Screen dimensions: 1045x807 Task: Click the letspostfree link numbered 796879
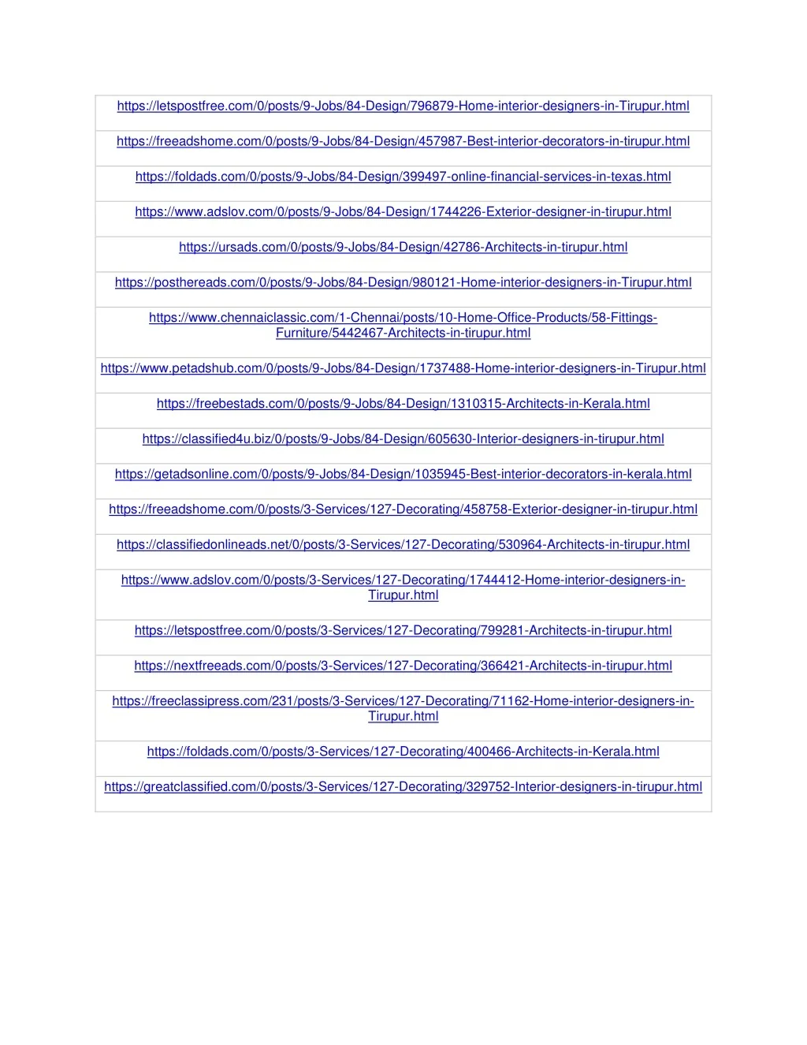coord(403,106)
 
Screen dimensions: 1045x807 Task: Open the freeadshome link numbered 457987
coord(403,142)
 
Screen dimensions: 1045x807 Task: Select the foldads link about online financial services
coord(403,177)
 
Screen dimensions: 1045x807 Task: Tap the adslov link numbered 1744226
coord(403,212)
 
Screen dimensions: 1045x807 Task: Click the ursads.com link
coord(403,248)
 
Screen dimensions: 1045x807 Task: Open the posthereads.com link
coord(403,282)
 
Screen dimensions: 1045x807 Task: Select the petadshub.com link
coord(403,368)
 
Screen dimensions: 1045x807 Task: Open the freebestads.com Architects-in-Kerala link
coord(403,404)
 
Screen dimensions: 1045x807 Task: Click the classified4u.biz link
coord(403,439)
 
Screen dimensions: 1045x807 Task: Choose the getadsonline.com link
coord(403,474)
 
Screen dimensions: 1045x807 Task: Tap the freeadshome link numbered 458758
coord(403,509)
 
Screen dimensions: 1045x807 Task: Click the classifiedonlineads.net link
coord(403,545)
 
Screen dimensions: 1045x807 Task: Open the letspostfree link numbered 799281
coord(403,631)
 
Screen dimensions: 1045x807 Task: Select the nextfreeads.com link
coord(403,666)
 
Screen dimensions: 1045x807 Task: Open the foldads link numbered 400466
coord(403,752)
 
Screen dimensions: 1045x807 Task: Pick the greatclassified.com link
coord(403,787)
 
